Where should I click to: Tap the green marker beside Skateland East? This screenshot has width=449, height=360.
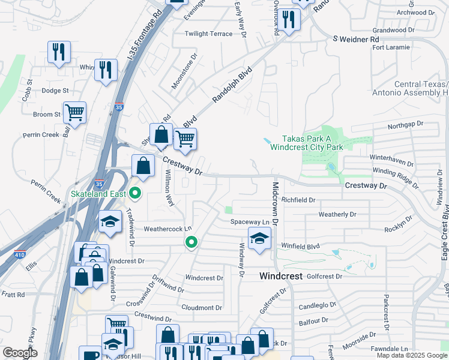pos(136,193)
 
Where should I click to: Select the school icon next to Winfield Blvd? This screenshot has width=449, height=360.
pos(259,238)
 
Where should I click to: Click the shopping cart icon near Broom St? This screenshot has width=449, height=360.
pos(74,112)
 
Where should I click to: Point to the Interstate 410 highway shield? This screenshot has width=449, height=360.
pos(20,255)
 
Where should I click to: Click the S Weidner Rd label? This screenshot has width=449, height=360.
pos(357,39)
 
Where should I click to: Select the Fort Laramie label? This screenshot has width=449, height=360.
pos(391,47)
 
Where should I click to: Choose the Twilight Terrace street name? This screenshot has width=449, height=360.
pos(208,34)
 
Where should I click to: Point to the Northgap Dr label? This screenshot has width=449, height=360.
pos(405,124)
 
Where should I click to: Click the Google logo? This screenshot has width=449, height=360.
pos(20,353)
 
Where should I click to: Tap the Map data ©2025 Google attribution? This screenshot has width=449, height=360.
pos(412,355)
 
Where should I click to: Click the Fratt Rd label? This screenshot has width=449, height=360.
pos(13,295)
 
